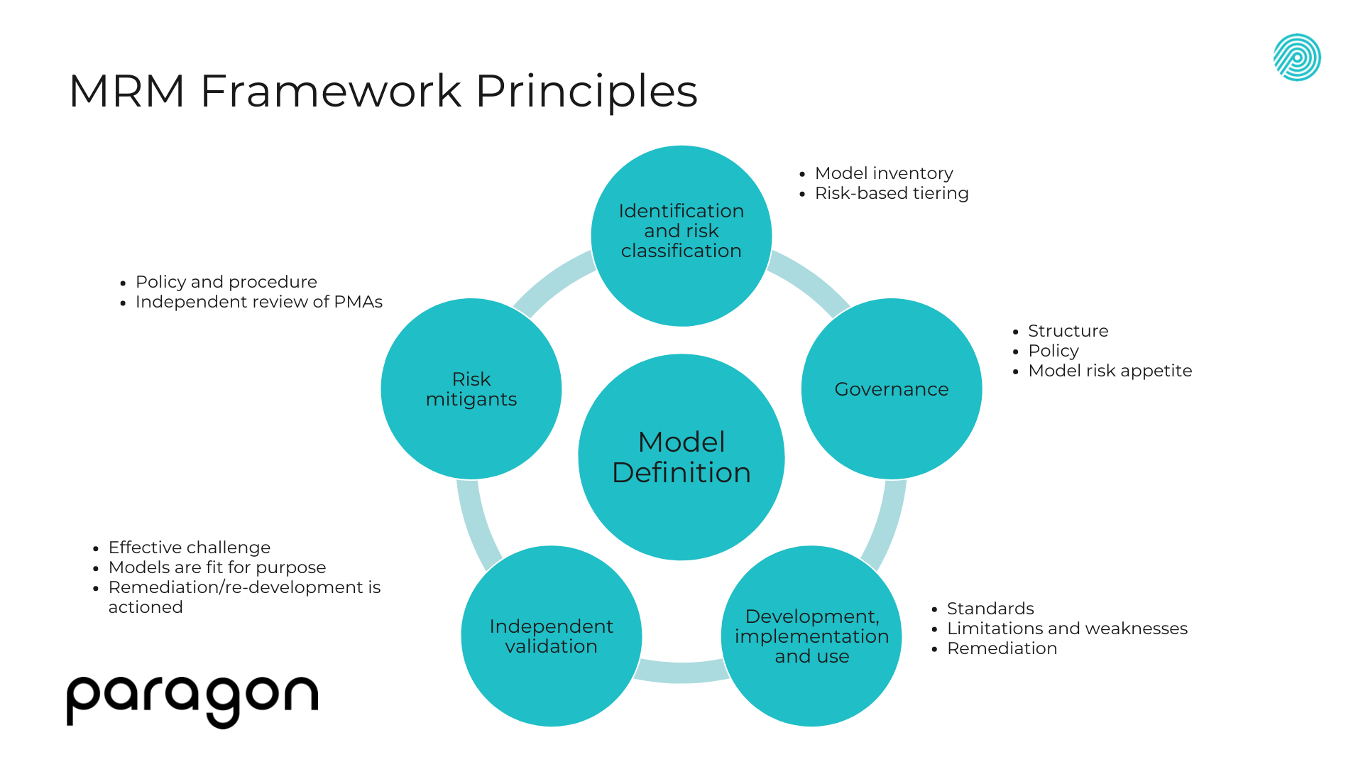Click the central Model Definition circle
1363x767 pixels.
click(x=681, y=457)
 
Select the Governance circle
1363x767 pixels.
click(x=892, y=389)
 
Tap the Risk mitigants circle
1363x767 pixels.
click(x=471, y=389)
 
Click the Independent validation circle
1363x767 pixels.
click(x=552, y=636)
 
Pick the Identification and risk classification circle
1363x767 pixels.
click(x=681, y=232)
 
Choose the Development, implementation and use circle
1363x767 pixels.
click(x=811, y=636)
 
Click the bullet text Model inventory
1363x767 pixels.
click(x=884, y=173)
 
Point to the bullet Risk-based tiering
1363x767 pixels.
click(x=892, y=193)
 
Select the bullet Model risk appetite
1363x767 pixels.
click(x=1110, y=371)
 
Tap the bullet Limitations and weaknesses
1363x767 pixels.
click(x=1067, y=629)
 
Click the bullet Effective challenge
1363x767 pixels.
click(x=190, y=548)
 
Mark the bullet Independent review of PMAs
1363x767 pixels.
click(x=259, y=302)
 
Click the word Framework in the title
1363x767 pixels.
click(x=331, y=91)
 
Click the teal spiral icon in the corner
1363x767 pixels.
click(x=1297, y=58)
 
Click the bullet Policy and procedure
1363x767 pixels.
click(x=226, y=282)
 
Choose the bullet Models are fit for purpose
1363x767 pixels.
click(x=217, y=567)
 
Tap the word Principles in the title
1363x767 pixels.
click(x=586, y=91)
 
